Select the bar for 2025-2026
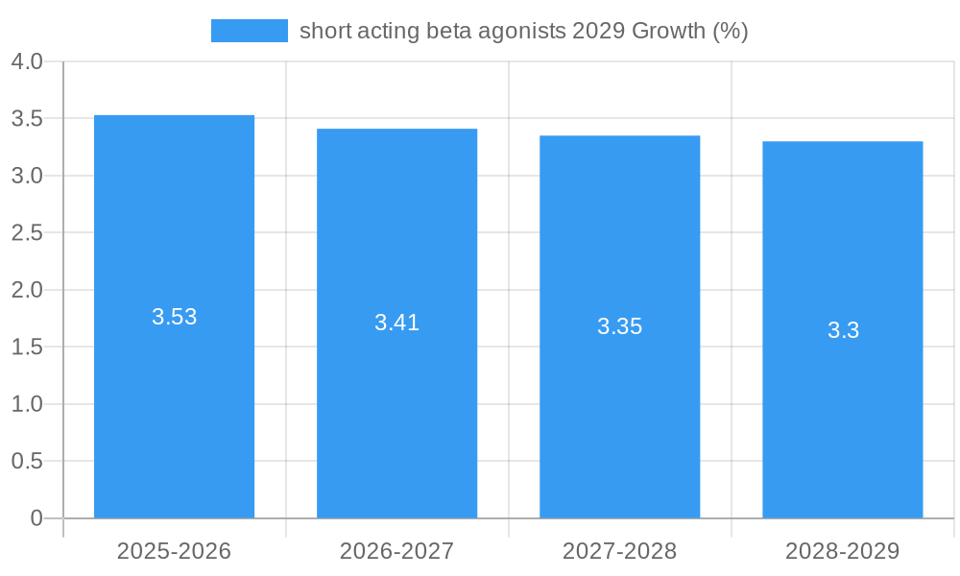[x=174, y=403]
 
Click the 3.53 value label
[x=174, y=317]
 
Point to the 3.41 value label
[x=396, y=323]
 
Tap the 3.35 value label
[x=619, y=326]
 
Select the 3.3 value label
[x=843, y=330]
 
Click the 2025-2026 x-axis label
[x=174, y=551]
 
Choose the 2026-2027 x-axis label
[x=396, y=551]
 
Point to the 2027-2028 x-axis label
[x=619, y=551]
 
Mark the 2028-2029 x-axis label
[x=842, y=551]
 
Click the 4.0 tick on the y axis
[x=27, y=61]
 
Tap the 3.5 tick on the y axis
[x=27, y=119]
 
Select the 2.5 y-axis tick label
[x=27, y=233]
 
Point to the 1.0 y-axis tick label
[x=27, y=404]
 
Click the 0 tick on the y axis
[x=36, y=518]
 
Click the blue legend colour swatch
[x=249, y=31]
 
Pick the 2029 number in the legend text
[x=598, y=31]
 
